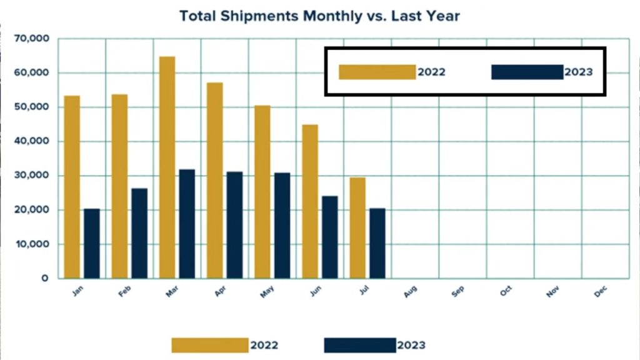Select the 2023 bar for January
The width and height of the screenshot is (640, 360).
tap(92, 243)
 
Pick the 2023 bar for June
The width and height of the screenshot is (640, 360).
tap(329, 237)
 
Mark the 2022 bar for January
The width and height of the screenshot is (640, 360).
tap(72, 187)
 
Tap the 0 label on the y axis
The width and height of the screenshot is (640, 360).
tap(45, 278)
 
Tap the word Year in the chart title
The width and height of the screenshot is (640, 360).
tap(441, 16)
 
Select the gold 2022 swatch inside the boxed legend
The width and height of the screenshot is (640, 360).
tap(377, 72)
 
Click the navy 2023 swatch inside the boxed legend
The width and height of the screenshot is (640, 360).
tap(527, 72)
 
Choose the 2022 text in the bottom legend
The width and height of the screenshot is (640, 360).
tap(264, 345)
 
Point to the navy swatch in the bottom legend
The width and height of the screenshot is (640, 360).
tap(359, 345)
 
